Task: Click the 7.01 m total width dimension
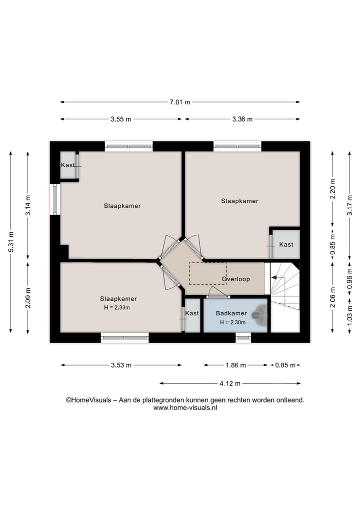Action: (180, 102)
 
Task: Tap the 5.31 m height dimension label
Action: (10, 243)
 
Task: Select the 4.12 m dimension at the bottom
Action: (230, 384)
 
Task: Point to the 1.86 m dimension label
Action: (235, 365)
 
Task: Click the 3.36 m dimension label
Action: (242, 119)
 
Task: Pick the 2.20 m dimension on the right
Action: (332, 189)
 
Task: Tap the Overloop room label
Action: (235, 279)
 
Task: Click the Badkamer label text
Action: (231, 313)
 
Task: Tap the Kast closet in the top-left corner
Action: (68, 165)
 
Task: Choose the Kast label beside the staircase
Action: (286, 244)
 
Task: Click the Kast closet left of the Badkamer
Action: (192, 314)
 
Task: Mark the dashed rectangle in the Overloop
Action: (207, 273)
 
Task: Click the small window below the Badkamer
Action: (243, 338)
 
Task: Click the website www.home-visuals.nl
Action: (185, 408)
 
